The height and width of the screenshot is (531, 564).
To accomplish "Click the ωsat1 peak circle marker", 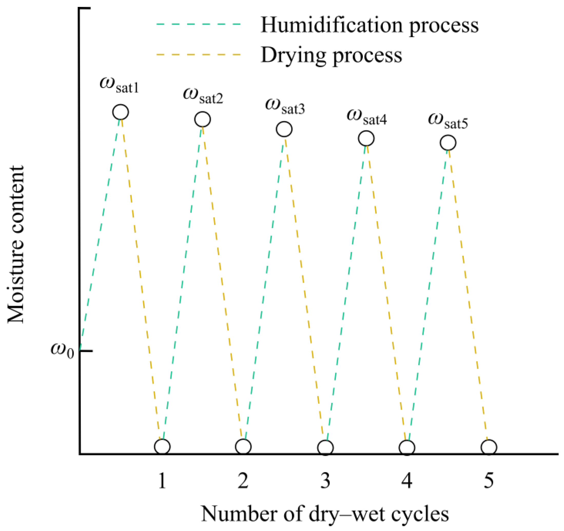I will pos(121,112).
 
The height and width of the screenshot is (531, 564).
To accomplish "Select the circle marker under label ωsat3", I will pos(284,129).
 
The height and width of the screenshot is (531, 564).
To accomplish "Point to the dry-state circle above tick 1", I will pos(162,447).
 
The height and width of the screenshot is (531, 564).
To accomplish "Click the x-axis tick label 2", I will pos(243,481).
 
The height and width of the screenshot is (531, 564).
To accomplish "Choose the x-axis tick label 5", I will pos(489,481).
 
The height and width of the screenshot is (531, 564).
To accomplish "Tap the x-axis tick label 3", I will pos(325,481).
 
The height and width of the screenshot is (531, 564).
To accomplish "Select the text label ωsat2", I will pos(203,96).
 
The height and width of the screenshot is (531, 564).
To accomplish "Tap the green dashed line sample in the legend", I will pos(199,24).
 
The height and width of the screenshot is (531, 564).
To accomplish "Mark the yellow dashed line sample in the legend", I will pos(199,54).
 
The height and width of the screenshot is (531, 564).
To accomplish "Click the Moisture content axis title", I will pos(16,244).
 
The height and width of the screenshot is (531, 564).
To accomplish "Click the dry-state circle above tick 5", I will pos(489,447).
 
